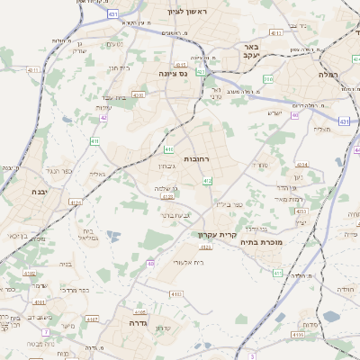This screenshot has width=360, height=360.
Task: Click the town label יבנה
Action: (40, 192)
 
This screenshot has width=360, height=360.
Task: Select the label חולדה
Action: (346, 290)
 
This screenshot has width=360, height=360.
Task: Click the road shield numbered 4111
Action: (33, 69)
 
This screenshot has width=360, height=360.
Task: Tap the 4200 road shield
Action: (138, 94)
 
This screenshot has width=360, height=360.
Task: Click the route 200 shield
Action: (268, 79)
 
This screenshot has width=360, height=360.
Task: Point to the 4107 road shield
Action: (91, 317)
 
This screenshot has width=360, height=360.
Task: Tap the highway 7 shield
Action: (46, 332)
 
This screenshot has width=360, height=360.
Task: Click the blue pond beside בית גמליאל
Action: (113, 236)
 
